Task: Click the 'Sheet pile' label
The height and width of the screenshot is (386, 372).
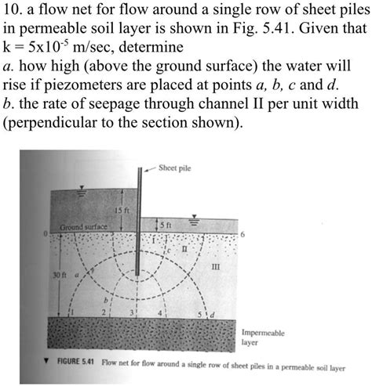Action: [x=175, y=168]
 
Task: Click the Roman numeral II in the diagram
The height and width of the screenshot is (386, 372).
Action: [x=185, y=248]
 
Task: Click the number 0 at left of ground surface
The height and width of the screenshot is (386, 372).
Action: [x=46, y=234]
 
